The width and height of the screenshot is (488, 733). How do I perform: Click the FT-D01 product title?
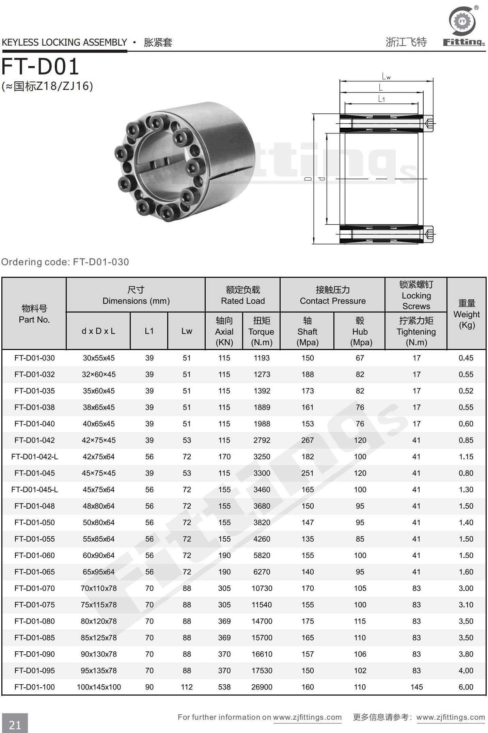coord(40,66)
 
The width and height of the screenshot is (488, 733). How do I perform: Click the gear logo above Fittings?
coord(462,21)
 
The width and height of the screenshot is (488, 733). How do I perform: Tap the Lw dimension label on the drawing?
coord(386,76)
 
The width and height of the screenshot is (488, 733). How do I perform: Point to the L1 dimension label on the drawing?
coord(381,99)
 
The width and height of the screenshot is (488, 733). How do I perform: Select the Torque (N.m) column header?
coord(261,331)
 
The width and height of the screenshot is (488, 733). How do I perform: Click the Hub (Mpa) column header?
coord(360,331)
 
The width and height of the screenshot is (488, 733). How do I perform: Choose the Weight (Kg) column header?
coord(466,314)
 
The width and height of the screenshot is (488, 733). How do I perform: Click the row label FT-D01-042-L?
coord(34,457)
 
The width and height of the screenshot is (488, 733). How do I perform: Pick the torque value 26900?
coord(262,687)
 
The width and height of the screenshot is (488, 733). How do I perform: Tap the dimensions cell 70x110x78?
coord(99,588)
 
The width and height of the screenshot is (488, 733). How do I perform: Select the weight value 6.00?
coord(466,687)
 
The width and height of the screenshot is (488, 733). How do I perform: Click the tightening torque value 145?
coord(416,687)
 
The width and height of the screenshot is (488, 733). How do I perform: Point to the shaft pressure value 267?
coord(308,440)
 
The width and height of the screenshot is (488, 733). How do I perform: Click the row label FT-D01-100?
coord(34,687)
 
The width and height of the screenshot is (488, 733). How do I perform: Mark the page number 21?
coord(15,725)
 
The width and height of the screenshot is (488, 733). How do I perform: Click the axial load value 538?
coord(224,687)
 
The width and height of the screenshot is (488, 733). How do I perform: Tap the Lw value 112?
coord(187,687)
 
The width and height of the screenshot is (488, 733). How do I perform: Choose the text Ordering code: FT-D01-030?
coord(65,262)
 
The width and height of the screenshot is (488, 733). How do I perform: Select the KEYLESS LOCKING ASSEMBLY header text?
coord(64,42)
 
